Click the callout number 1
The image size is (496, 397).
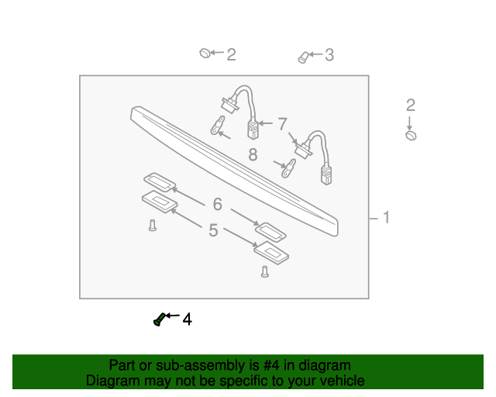click(x=385, y=218)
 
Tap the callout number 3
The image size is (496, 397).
click(x=329, y=54)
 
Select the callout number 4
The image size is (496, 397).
click(x=187, y=319)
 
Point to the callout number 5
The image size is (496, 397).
click(x=213, y=230)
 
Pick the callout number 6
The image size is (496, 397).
click(x=218, y=204)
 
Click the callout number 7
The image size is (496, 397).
click(x=283, y=123)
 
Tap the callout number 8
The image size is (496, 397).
click(x=253, y=154)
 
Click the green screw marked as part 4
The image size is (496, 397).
click(x=159, y=319)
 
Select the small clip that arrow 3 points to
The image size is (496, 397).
click(x=303, y=57)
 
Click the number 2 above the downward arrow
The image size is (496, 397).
click(x=411, y=105)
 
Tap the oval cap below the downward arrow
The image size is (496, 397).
click(x=411, y=136)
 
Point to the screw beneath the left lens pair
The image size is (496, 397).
click(x=153, y=226)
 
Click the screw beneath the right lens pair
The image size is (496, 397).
click(x=265, y=271)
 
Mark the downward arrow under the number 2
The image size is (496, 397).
click(x=410, y=123)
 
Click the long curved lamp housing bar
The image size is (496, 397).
click(x=232, y=163)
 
